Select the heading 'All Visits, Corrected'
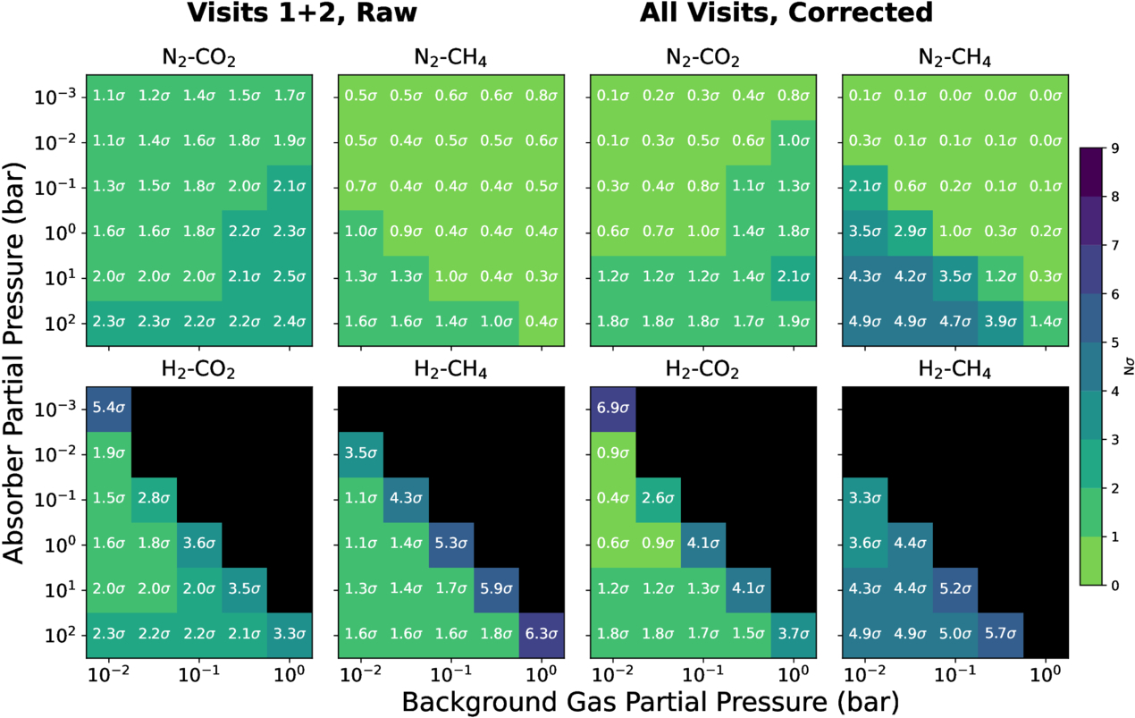[x=786, y=14]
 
